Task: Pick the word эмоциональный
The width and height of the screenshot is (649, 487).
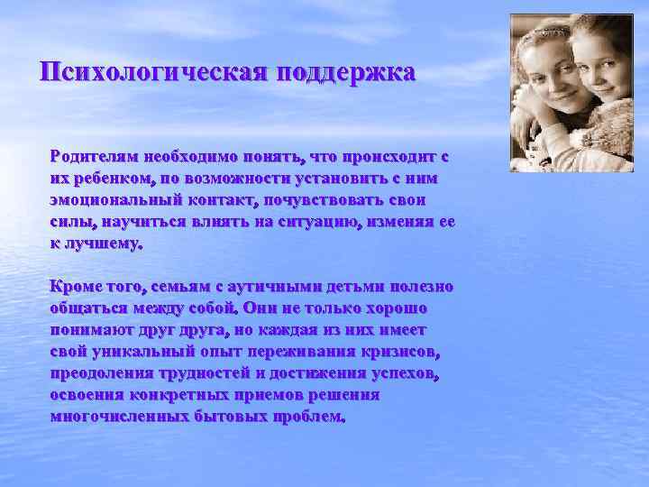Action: click(115, 199)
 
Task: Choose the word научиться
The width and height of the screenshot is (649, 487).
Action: click(132, 221)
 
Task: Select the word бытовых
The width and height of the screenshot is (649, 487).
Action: click(222, 418)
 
